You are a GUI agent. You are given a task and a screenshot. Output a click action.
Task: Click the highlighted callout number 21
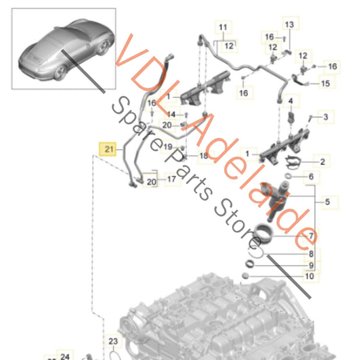[x=109, y=150]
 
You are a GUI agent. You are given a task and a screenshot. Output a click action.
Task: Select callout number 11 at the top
[x=223, y=27]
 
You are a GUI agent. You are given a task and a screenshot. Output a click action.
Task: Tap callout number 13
[x=289, y=24]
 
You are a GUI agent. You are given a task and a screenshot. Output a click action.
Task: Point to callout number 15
[x=325, y=83]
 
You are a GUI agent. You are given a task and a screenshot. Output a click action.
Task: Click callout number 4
[x=291, y=101]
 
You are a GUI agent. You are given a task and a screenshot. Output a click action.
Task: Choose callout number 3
[x=326, y=117]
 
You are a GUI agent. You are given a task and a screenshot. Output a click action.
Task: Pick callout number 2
[x=322, y=162]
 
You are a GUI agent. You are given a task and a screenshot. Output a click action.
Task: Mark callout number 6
[x=311, y=177]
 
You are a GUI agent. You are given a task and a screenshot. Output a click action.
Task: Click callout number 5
[x=327, y=202]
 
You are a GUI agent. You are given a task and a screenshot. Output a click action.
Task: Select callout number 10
[x=310, y=276]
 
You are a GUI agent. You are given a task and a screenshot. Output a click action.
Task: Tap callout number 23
[x=113, y=341]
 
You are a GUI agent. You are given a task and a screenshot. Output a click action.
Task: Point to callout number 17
[x=171, y=179]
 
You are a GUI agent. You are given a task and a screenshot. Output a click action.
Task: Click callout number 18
[x=204, y=156]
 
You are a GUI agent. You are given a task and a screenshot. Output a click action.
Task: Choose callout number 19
[x=168, y=147]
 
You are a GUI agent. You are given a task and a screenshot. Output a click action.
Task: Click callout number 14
[x=171, y=114]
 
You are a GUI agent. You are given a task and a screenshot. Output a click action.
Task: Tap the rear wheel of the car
[x=61, y=72]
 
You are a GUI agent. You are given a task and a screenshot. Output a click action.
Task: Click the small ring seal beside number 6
[x=288, y=176]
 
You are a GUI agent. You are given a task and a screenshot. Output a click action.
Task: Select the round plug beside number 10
[x=245, y=275]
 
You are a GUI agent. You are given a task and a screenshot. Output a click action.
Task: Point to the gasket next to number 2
[x=293, y=162]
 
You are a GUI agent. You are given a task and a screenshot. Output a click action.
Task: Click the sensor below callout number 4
[x=291, y=117]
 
